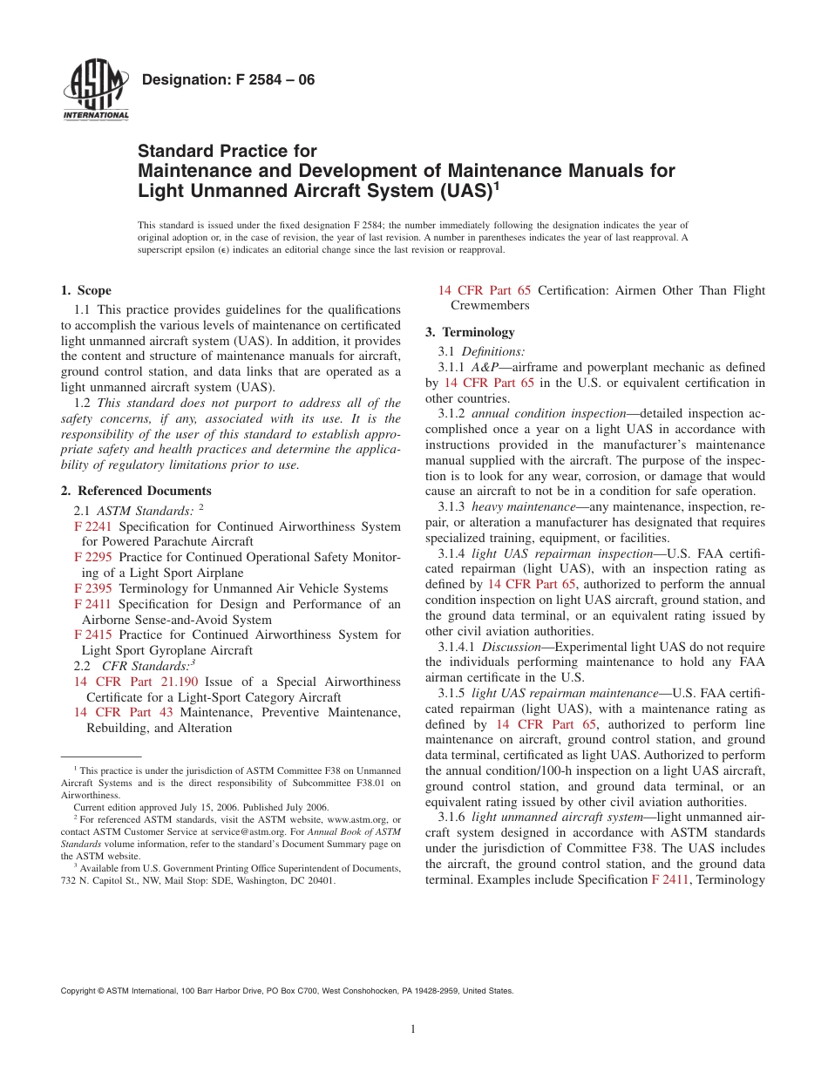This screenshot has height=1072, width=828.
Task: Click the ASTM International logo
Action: click(95, 91)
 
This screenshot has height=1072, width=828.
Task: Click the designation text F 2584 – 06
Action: click(227, 80)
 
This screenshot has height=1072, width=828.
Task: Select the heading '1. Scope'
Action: click(86, 290)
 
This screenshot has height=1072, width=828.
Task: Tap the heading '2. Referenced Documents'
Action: click(136, 491)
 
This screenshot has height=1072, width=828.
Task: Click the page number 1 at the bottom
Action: click(413, 1029)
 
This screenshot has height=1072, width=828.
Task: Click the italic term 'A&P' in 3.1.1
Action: click(485, 367)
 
